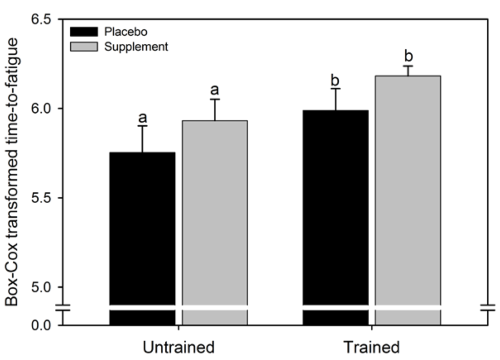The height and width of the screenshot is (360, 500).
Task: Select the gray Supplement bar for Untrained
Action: pos(214,215)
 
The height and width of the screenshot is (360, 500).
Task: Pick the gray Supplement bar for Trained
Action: pos(407,195)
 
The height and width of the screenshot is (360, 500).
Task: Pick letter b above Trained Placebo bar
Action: pos(335,80)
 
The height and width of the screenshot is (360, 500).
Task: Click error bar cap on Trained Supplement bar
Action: pos(407,66)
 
